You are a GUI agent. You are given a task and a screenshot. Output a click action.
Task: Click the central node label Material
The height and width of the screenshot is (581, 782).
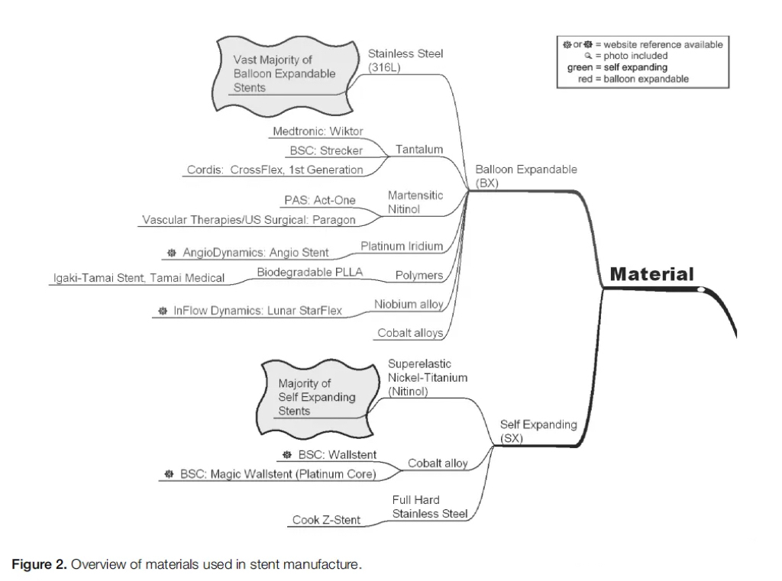pyautogui.click(x=651, y=274)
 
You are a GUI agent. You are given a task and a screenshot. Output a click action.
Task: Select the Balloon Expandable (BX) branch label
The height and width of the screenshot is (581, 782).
pyautogui.click(x=525, y=176)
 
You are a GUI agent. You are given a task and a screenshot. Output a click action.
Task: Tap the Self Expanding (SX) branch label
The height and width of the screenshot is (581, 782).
pyautogui.click(x=538, y=431)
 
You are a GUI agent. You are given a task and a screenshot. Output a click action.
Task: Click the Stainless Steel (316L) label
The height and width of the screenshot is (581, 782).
pyautogui.click(x=405, y=60)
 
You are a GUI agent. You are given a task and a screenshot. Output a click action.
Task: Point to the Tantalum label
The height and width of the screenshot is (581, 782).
pyautogui.click(x=418, y=150)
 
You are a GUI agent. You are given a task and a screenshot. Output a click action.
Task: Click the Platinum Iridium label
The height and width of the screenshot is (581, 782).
pyautogui.click(x=402, y=246)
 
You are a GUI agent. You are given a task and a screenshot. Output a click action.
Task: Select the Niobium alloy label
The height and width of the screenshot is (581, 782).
pyautogui.click(x=409, y=305)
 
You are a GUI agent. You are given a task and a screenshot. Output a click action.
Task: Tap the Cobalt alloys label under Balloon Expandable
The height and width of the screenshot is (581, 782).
pyautogui.click(x=410, y=333)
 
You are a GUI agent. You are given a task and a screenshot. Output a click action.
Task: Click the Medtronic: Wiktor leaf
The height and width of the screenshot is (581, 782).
pyautogui.click(x=318, y=131)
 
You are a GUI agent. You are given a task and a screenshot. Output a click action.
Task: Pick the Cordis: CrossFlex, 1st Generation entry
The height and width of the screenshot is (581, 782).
pyautogui.click(x=275, y=169)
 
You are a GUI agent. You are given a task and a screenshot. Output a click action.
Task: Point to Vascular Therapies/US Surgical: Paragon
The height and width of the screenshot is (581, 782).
pyautogui.click(x=249, y=220)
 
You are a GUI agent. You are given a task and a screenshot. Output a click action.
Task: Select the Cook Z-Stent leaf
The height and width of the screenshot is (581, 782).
pyautogui.click(x=326, y=521)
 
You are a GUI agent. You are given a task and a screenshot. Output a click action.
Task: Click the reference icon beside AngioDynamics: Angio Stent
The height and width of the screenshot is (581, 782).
pyautogui.click(x=171, y=253)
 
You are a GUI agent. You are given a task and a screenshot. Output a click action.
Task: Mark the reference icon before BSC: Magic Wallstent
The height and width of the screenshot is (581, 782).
pyautogui.click(x=169, y=474)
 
